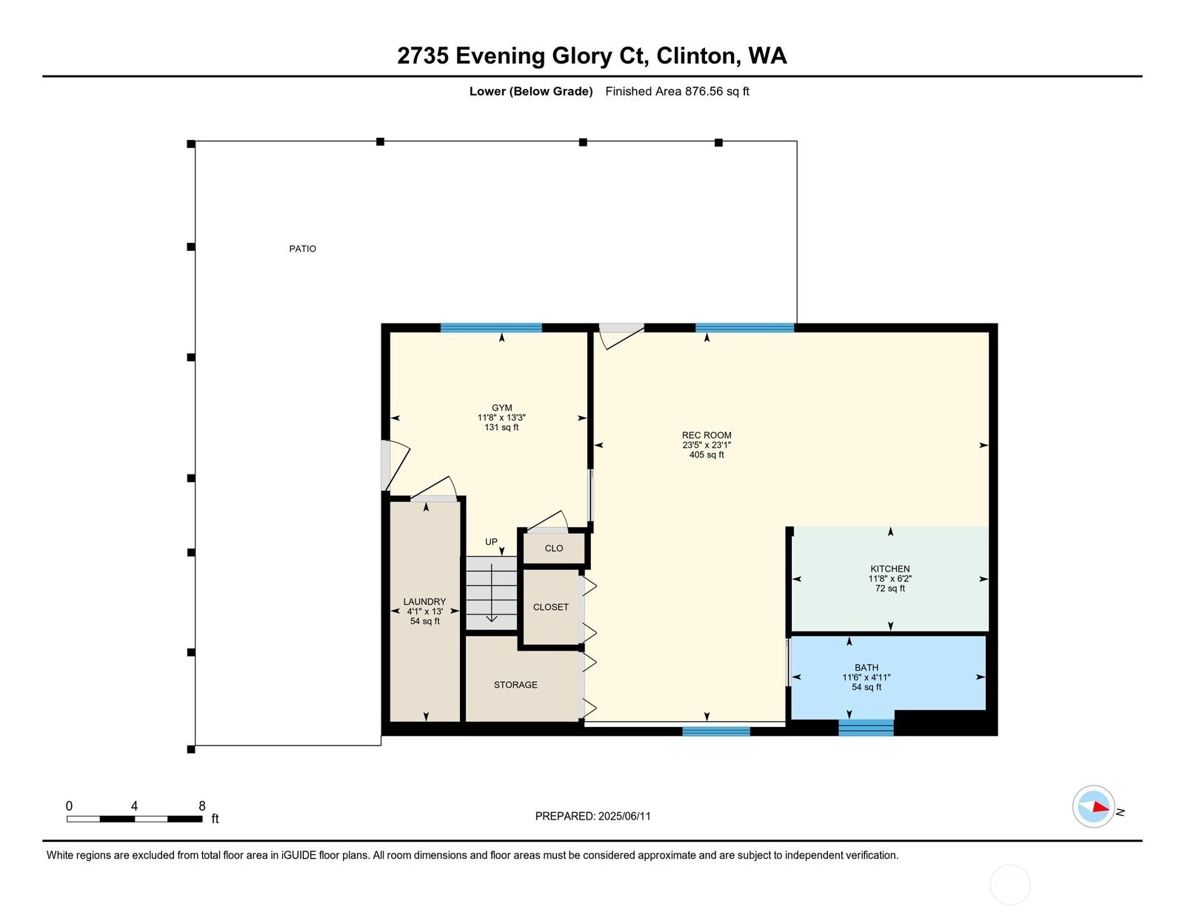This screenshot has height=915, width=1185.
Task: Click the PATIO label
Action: (302, 249)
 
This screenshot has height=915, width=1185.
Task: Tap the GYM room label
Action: (501, 408)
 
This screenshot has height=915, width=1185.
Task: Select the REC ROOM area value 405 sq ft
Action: (707, 455)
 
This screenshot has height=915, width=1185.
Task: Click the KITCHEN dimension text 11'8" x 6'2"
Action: (889, 579)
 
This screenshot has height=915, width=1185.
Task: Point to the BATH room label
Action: (866, 668)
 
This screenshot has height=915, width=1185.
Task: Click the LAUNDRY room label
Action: (424, 602)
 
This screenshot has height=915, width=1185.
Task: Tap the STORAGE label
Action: (515, 685)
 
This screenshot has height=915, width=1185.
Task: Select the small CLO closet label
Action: (553, 549)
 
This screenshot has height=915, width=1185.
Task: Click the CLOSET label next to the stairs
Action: (550, 607)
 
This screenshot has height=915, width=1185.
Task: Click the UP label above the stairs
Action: (491, 542)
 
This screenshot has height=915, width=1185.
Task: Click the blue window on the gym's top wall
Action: (491, 328)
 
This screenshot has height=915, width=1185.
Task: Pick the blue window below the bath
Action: (866, 728)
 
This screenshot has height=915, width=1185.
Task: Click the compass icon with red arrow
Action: (1093, 806)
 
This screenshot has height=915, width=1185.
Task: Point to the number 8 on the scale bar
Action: (201, 806)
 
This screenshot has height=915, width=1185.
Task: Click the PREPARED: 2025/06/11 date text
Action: (592, 817)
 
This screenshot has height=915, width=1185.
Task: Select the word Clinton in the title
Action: (695, 56)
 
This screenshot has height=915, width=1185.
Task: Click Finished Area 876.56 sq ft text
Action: (677, 92)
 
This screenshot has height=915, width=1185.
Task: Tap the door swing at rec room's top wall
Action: (621, 335)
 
